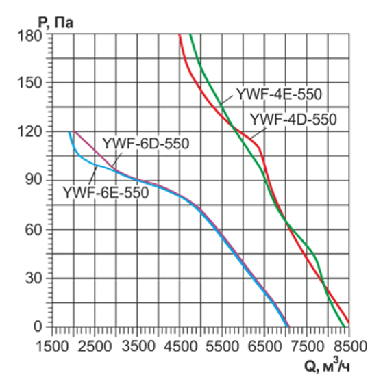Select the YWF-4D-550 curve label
(x=293, y=119)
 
